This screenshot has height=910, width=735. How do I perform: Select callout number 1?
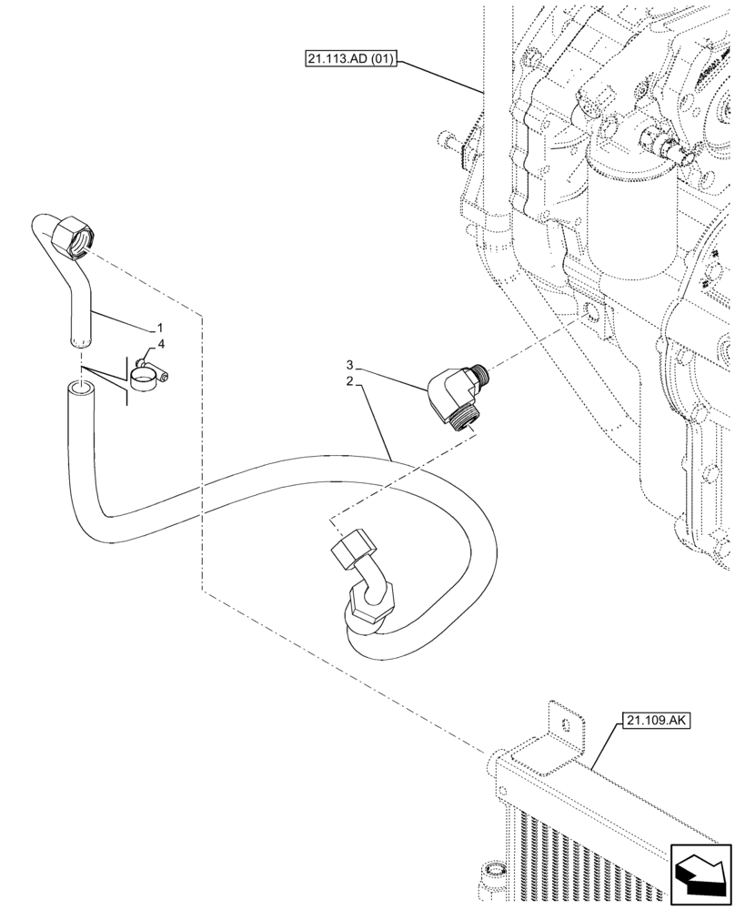click(160, 326)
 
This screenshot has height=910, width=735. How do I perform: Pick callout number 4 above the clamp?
click(161, 344)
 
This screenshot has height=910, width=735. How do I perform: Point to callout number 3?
click(348, 367)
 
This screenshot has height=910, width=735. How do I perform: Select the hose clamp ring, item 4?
click(144, 378)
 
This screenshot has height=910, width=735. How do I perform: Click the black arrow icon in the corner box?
click(700, 875)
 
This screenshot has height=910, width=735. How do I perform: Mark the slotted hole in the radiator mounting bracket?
click(569, 726)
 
